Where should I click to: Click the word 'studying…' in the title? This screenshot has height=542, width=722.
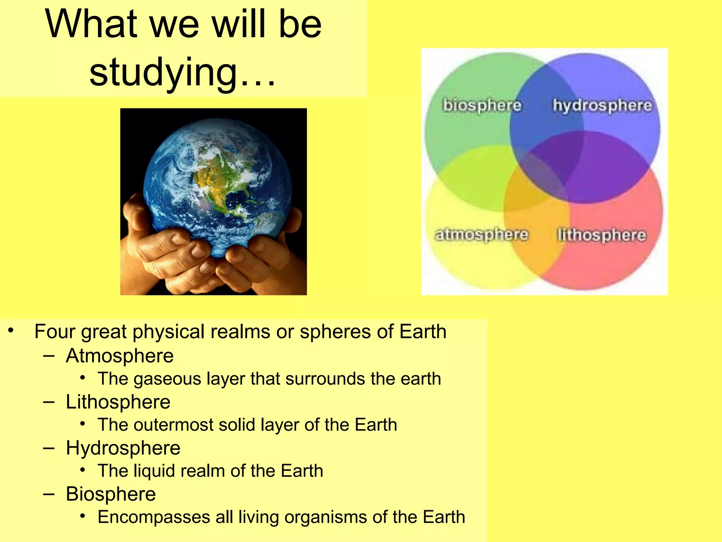[x=182, y=72]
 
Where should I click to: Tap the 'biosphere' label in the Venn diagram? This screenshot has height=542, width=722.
[x=482, y=105]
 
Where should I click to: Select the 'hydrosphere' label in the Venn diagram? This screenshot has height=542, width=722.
[x=602, y=105]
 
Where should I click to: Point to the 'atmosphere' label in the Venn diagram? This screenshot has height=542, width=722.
[x=482, y=234]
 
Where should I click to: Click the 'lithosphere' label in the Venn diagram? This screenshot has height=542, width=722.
[x=601, y=235]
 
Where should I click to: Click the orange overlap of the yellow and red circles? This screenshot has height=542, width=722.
[x=536, y=226]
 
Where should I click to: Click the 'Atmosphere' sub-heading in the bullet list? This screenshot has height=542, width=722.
[x=120, y=356]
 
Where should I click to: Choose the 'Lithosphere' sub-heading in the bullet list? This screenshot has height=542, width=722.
[x=118, y=402]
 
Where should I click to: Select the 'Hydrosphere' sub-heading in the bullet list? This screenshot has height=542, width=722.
[x=123, y=448]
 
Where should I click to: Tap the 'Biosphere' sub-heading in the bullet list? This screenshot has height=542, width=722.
[x=111, y=494]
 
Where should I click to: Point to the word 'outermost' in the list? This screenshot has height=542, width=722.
[x=173, y=425]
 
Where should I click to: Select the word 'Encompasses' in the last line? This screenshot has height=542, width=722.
[x=154, y=517]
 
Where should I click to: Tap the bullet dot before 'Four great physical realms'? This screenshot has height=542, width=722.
[x=12, y=331]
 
